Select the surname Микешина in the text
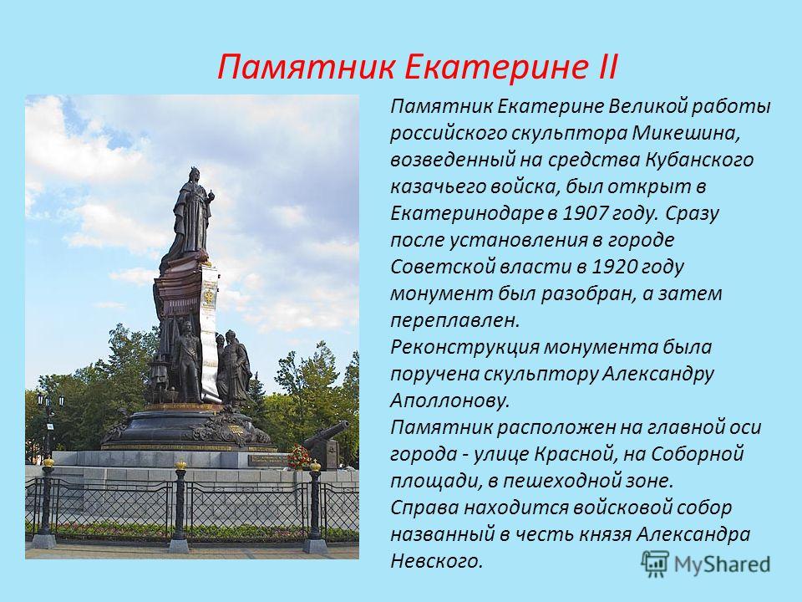[686, 134]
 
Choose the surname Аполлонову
[450, 400]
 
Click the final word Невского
[437, 561]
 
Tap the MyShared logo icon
[655, 564]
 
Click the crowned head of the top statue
[194, 176]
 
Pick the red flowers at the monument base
[300, 457]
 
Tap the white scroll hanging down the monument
[209, 328]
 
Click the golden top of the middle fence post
[180, 464]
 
